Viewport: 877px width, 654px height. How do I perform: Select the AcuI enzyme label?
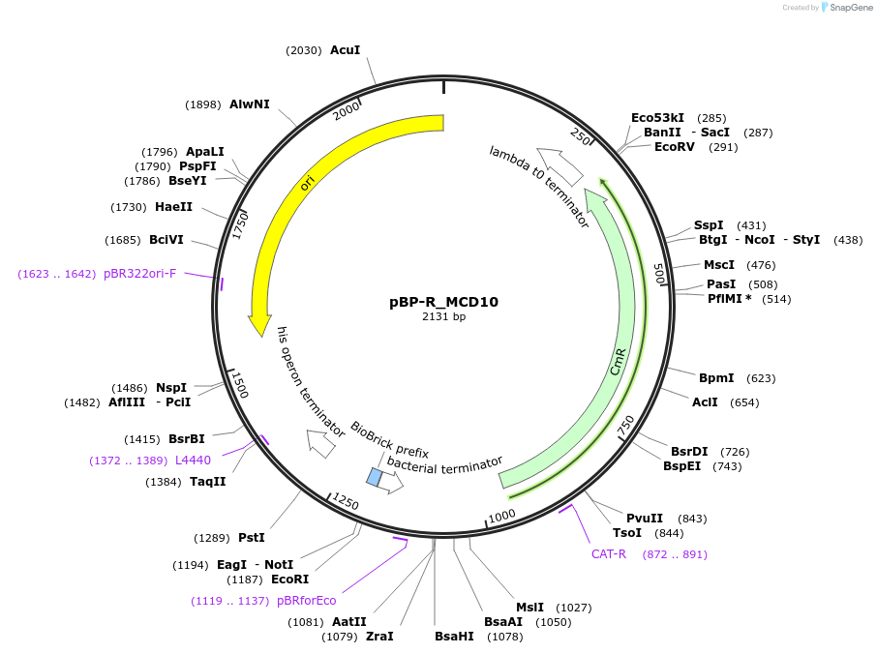click(x=346, y=49)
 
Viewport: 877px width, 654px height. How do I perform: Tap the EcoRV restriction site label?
click(x=675, y=147)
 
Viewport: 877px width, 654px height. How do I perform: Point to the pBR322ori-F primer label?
click(x=140, y=274)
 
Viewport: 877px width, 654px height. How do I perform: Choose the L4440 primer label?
click(x=193, y=460)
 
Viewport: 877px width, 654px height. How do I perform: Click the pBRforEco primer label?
click(x=307, y=600)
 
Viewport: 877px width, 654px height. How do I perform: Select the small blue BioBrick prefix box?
click(x=374, y=477)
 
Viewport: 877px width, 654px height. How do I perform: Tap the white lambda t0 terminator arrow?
click(x=559, y=165)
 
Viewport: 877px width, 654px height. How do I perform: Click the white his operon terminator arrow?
click(x=320, y=443)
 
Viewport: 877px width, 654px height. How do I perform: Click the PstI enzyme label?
click(x=251, y=537)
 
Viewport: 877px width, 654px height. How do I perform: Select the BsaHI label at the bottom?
click(x=454, y=636)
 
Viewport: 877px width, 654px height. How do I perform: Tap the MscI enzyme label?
click(x=719, y=264)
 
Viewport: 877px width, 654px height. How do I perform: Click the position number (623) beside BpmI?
click(x=761, y=377)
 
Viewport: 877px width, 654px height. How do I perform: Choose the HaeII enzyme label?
click(x=173, y=206)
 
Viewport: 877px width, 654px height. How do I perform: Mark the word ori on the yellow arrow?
click(x=308, y=183)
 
